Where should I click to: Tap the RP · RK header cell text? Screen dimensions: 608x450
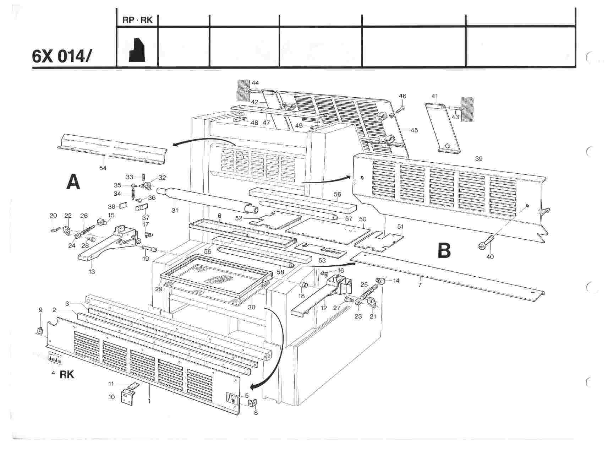coord(137,20)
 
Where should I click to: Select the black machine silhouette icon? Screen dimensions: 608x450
coord(137,50)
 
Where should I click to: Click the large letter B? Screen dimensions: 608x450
coord(444,250)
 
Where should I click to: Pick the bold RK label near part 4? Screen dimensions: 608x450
coord(67,374)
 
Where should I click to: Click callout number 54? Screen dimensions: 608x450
coord(103,168)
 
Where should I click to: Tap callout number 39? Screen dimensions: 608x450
coord(478,158)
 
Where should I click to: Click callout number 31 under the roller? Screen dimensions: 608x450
coord(174,210)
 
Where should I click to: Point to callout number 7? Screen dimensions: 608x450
coord(420,284)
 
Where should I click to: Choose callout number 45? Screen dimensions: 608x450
coord(414,130)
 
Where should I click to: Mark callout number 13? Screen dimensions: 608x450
coord(92,272)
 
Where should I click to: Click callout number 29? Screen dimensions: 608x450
coord(159,289)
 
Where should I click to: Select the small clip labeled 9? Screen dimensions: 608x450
coord(40,331)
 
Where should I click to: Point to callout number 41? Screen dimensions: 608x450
coord(435,96)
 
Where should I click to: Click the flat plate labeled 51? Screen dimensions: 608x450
coord(380,240)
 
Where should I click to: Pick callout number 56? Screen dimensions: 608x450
coord(337,194)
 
